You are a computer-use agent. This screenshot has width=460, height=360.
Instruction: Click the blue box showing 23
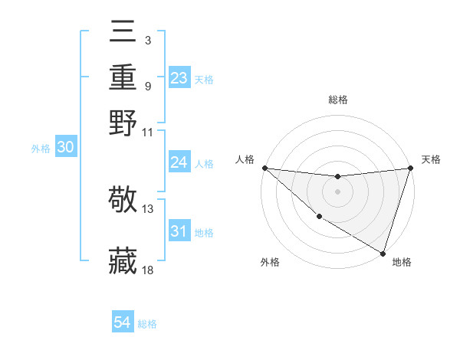[x=179, y=77]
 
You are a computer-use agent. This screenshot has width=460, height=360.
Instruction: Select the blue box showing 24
[x=179, y=162]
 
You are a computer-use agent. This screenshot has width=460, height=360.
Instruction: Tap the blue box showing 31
[x=179, y=231]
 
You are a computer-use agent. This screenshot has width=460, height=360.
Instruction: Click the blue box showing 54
[x=123, y=322]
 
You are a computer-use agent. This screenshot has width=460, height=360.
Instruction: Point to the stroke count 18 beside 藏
[x=148, y=270]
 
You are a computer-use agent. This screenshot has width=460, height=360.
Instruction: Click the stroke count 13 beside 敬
[x=148, y=208]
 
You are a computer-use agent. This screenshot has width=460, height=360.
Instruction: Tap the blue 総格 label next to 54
[x=147, y=324]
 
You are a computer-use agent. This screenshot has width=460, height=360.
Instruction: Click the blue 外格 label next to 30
[x=41, y=149]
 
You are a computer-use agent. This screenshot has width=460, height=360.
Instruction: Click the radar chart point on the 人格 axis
[x=264, y=168]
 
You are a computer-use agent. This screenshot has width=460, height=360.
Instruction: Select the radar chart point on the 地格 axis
[x=383, y=253]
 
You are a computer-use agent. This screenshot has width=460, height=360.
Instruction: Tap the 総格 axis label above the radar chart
[x=337, y=100]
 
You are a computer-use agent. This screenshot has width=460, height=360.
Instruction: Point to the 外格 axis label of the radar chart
[x=270, y=262]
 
